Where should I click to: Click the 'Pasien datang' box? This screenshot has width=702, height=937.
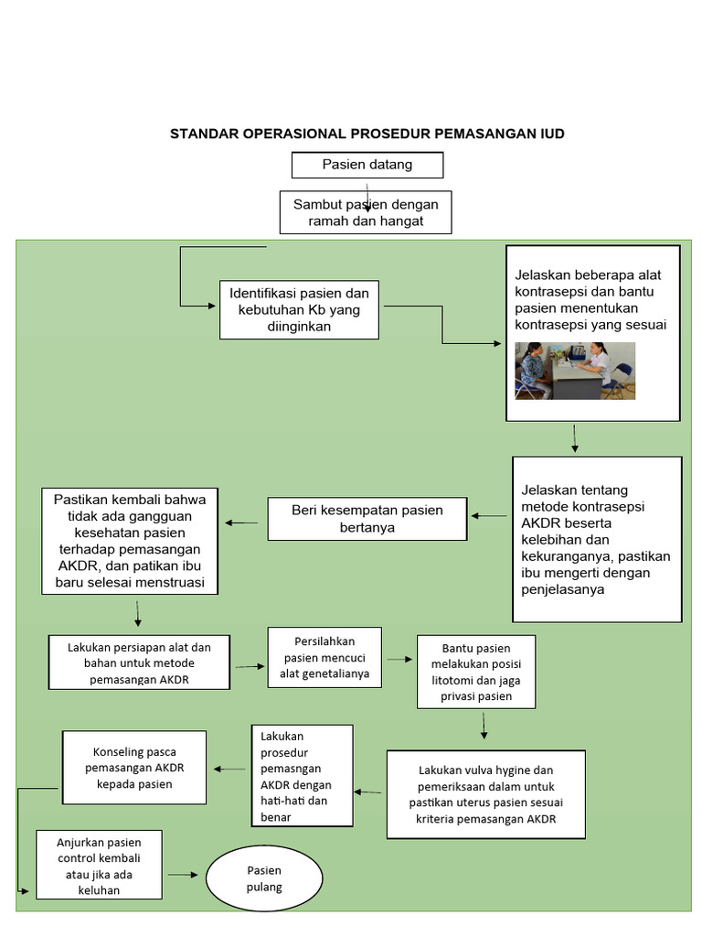coord(367,165)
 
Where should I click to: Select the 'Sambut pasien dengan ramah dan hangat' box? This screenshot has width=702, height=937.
coord(365,212)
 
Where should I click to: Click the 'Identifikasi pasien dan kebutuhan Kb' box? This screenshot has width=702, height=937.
coord(299,309)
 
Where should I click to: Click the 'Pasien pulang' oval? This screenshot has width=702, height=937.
coord(264,878)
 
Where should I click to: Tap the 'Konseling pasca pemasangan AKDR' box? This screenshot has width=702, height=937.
coord(133,767)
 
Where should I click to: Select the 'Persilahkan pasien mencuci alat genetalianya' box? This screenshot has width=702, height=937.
coord(324,657)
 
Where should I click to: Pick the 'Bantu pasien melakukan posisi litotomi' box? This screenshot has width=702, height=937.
coord(475,672)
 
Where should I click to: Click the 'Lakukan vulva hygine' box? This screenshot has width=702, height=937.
coord(485,794)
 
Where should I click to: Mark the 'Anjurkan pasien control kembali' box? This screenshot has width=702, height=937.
coord(100,864)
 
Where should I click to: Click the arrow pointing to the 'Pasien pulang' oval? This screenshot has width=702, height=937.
coord(183,875)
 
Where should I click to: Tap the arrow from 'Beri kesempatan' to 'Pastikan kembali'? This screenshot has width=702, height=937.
coord(241,522)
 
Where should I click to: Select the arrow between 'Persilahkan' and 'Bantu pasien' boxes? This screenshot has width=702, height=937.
coord(399,659)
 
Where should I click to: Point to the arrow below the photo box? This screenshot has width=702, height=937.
coord(574,438)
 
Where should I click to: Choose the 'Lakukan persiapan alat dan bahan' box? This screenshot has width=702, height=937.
coord(139,662)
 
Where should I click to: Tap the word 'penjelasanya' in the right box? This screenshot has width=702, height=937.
coord(563,590)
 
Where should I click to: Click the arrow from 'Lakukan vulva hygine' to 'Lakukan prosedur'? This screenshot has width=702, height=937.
coord(369,792)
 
